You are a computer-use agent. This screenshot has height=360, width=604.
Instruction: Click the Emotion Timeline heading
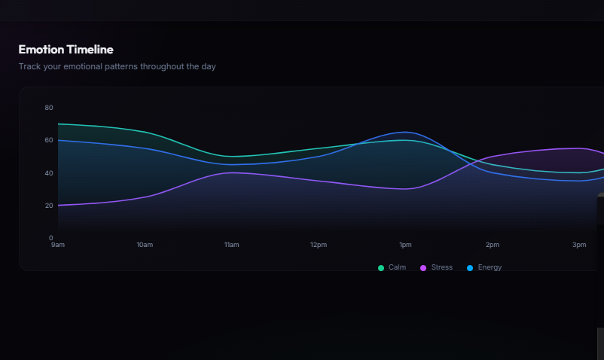coord(66,50)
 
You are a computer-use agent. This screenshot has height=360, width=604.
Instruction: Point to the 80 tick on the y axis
coord(49,108)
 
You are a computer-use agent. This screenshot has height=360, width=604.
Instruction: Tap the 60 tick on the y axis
coord(49,140)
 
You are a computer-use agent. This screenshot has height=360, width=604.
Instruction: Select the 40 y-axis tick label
coord(49,173)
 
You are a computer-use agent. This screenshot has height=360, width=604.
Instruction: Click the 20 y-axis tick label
coord(49,206)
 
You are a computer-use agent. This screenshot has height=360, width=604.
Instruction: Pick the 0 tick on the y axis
coord(51,238)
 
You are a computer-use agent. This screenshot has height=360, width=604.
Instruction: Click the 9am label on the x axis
coord(58,245)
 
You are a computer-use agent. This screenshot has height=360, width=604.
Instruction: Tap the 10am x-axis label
coord(145,245)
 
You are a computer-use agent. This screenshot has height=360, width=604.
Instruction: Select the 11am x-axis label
coord(231,245)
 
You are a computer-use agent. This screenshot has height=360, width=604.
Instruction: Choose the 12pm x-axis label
coord(319,245)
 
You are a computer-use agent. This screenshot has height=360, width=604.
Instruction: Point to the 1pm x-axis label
coord(405,245)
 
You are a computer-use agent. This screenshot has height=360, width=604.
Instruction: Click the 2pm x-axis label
coord(493,245)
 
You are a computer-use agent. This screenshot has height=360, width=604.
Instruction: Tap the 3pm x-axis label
coord(579,245)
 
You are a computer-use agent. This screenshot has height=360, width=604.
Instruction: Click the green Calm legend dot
coord(381,268)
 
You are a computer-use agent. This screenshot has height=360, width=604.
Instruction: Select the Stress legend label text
coord(441,267)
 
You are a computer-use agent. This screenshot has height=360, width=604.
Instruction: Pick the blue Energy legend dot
coord(470,268)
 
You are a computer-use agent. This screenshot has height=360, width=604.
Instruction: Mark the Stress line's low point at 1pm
coord(405,189)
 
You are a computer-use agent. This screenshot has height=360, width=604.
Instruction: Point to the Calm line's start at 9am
coord(58,124)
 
